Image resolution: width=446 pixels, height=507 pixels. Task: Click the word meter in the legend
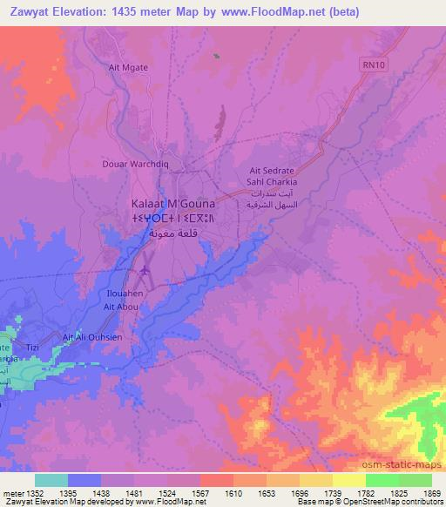pos(13,494)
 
